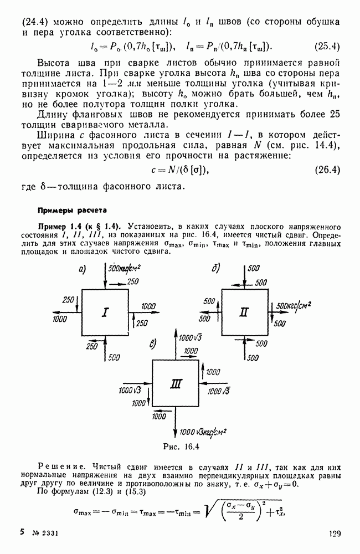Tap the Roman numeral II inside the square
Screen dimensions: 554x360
click(x=244, y=312)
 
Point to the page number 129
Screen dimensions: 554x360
click(x=333, y=534)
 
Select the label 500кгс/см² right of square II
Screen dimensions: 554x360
click(x=293, y=305)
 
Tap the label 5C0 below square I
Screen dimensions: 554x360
click(x=115, y=357)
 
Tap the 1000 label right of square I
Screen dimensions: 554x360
click(x=148, y=306)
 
